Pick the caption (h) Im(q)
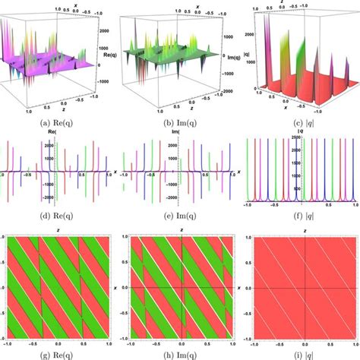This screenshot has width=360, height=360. (x=179, y=352)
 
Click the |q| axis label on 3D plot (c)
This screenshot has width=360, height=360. (x=238, y=52)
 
